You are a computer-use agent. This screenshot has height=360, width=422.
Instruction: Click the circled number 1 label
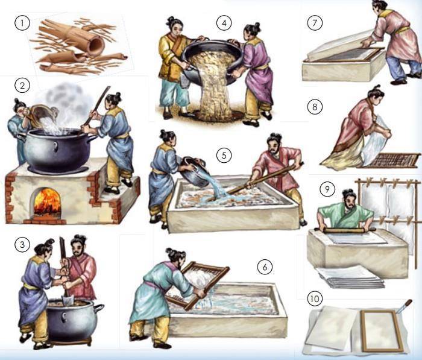click(x=22, y=23)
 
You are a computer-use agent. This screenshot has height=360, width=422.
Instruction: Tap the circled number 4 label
click(x=224, y=23)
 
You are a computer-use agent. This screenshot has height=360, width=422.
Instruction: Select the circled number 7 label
click(x=315, y=23)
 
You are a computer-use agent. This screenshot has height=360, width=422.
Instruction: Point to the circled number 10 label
click(x=315, y=298)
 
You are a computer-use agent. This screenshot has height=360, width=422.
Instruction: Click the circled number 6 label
click(x=265, y=267)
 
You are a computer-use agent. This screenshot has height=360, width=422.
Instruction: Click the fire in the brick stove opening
click(x=48, y=201)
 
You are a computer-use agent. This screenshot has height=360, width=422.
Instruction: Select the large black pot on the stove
click(x=57, y=150)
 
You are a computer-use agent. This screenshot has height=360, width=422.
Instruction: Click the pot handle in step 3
click(x=98, y=308)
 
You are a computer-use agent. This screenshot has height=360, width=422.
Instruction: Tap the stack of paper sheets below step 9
click(x=350, y=277)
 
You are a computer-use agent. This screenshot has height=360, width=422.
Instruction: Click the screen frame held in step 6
click(x=197, y=286)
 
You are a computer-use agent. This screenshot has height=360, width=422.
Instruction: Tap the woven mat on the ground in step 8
click(x=389, y=161)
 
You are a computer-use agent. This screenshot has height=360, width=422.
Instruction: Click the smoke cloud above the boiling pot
click(x=65, y=103)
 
